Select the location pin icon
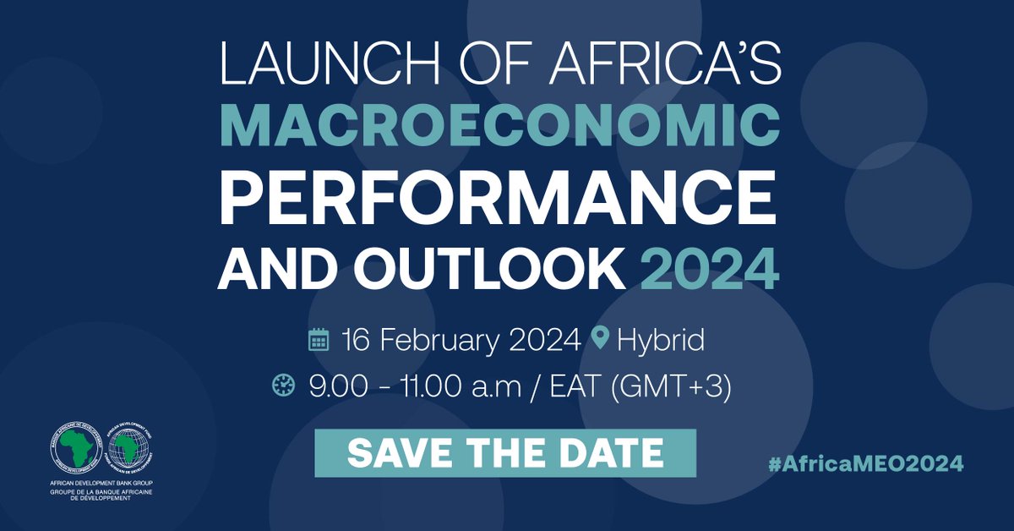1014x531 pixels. tap(601, 341)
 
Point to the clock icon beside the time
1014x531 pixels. tap(281, 386)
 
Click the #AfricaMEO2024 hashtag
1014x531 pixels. tap(866, 463)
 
